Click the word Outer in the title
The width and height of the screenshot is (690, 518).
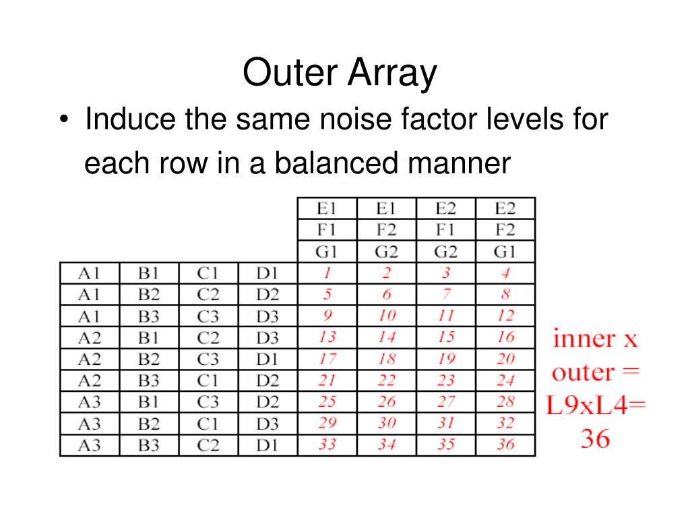(290, 74)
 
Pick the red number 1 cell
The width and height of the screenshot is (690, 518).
(327, 273)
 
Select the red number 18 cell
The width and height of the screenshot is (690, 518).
(387, 359)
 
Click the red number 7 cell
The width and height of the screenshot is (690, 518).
(446, 295)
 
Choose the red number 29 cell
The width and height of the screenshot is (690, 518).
(327, 424)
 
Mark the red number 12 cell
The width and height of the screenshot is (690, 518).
(505, 316)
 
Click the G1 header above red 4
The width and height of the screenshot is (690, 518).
(505, 252)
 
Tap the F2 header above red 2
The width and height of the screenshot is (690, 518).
(387, 230)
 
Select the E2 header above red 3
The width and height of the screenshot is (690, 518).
(446, 208)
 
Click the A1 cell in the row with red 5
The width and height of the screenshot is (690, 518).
(90, 295)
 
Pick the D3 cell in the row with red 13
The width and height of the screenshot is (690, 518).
(268, 337)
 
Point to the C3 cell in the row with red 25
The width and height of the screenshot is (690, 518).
(208, 402)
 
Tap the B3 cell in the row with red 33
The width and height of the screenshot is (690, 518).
(149, 445)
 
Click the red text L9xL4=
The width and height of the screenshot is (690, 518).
(596, 406)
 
